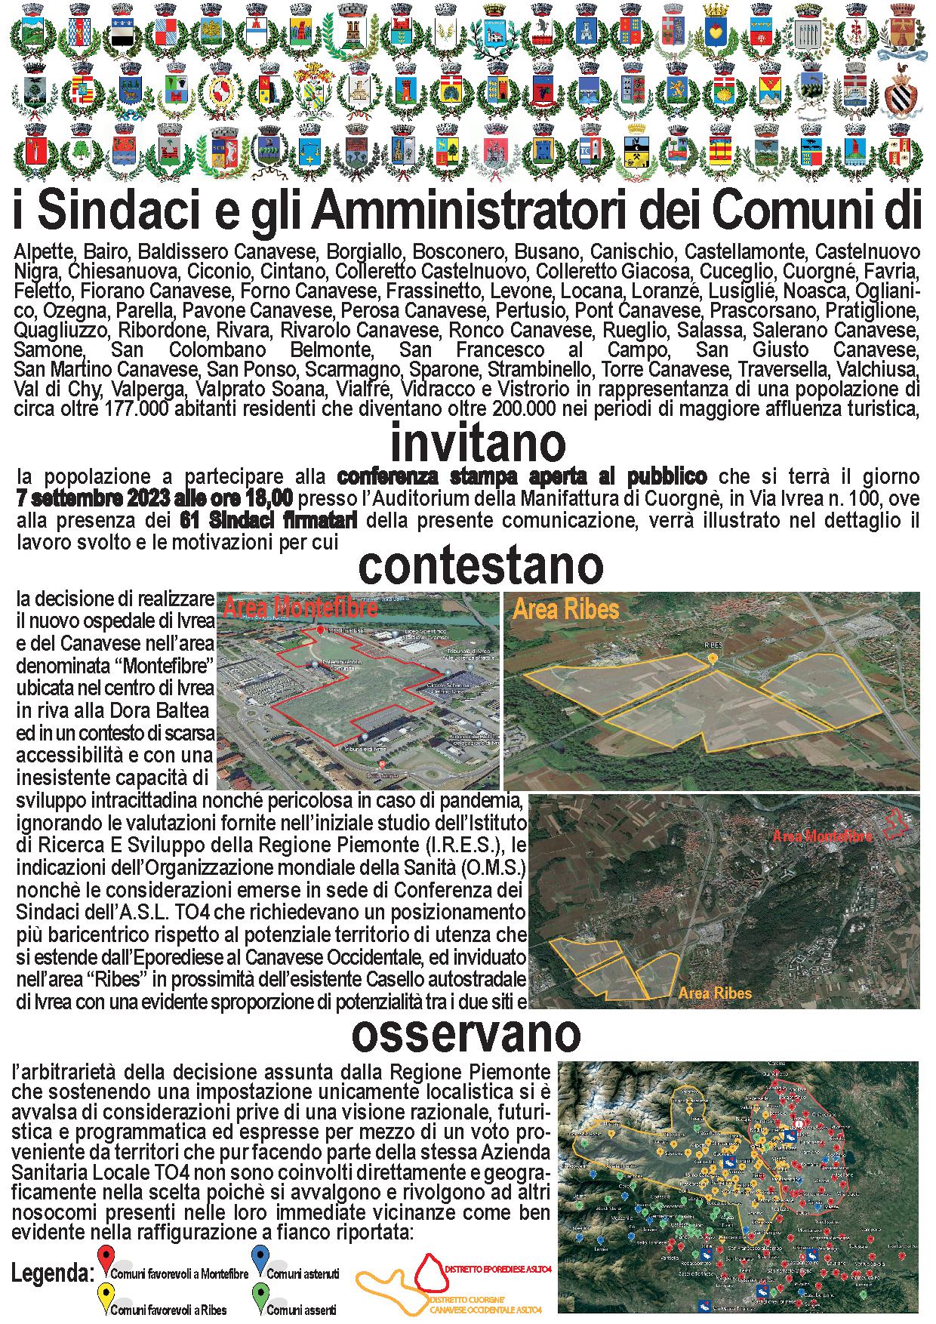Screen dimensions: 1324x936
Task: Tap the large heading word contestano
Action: point(481,566)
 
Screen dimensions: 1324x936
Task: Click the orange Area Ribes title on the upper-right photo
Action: point(565,609)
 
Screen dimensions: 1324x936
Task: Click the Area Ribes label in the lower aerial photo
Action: point(714,993)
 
